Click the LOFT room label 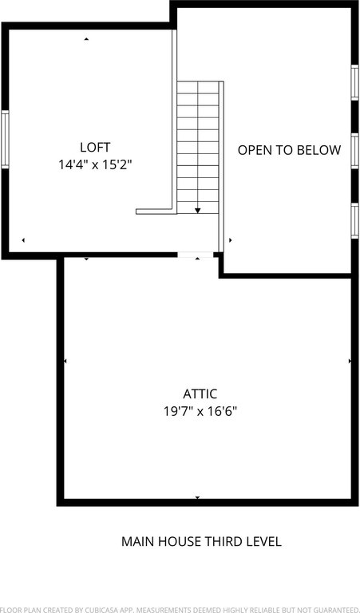pos(95,148)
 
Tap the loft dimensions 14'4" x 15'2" pos(95,165)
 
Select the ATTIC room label pos(200,394)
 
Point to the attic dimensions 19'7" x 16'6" pos(200,411)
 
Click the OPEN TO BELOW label pos(289,150)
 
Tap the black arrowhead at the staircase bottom pos(198,211)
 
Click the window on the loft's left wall pos(5,140)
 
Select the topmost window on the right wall pos(355,82)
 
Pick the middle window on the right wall pos(355,152)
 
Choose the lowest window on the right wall pos(355,221)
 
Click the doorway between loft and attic pos(196,255)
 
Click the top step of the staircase pos(198,88)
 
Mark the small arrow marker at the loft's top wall pos(86,39)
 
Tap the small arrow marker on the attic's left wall pos(65,362)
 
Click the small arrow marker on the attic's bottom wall pos(197,497)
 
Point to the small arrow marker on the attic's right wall pos(350,362)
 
